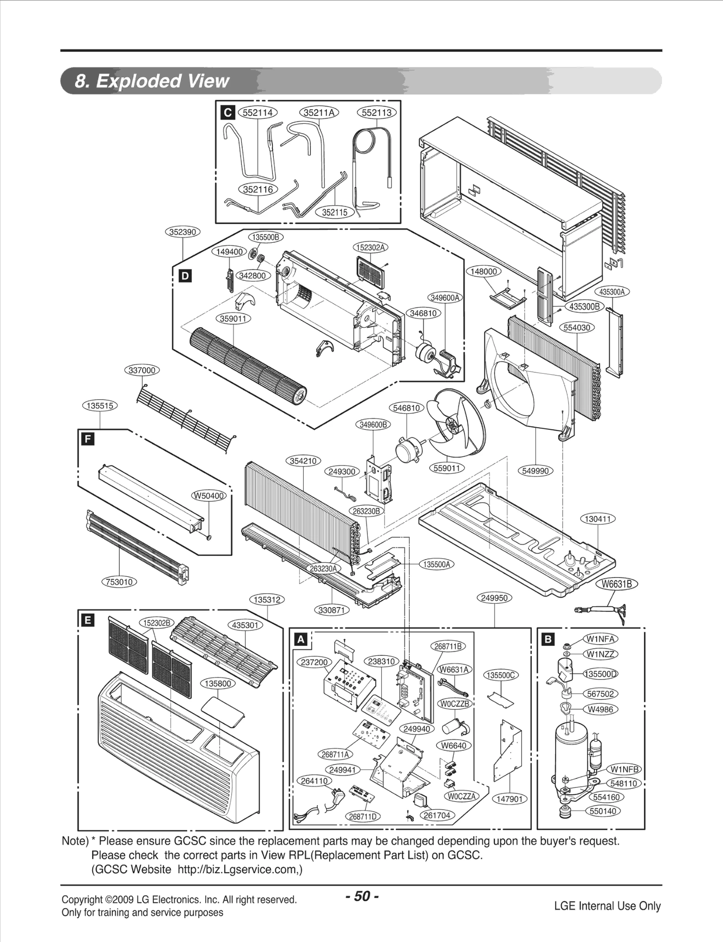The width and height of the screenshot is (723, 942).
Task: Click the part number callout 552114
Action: tap(258, 113)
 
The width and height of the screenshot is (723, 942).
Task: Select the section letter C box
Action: tap(228, 113)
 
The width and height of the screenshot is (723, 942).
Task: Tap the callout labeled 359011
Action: tap(233, 319)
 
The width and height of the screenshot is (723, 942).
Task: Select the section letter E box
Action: tap(87, 621)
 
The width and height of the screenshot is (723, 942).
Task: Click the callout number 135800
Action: tap(218, 683)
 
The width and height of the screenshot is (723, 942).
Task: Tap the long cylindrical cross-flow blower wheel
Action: tap(248, 366)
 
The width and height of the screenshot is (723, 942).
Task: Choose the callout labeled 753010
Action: tap(119, 582)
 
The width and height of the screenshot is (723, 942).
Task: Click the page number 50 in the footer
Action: tap(361, 896)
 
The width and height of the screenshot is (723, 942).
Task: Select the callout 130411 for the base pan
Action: tap(598, 519)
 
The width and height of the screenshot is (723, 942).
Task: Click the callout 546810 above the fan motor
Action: tap(406, 408)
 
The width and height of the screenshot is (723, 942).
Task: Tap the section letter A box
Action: tap(300, 639)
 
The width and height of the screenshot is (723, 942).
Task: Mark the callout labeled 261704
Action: tap(437, 815)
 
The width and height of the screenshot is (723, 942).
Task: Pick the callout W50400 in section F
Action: tap(209, 496)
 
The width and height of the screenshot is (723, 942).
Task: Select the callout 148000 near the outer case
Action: tap(484, 271)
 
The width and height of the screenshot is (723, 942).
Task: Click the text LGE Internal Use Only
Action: tap(607, 906)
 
